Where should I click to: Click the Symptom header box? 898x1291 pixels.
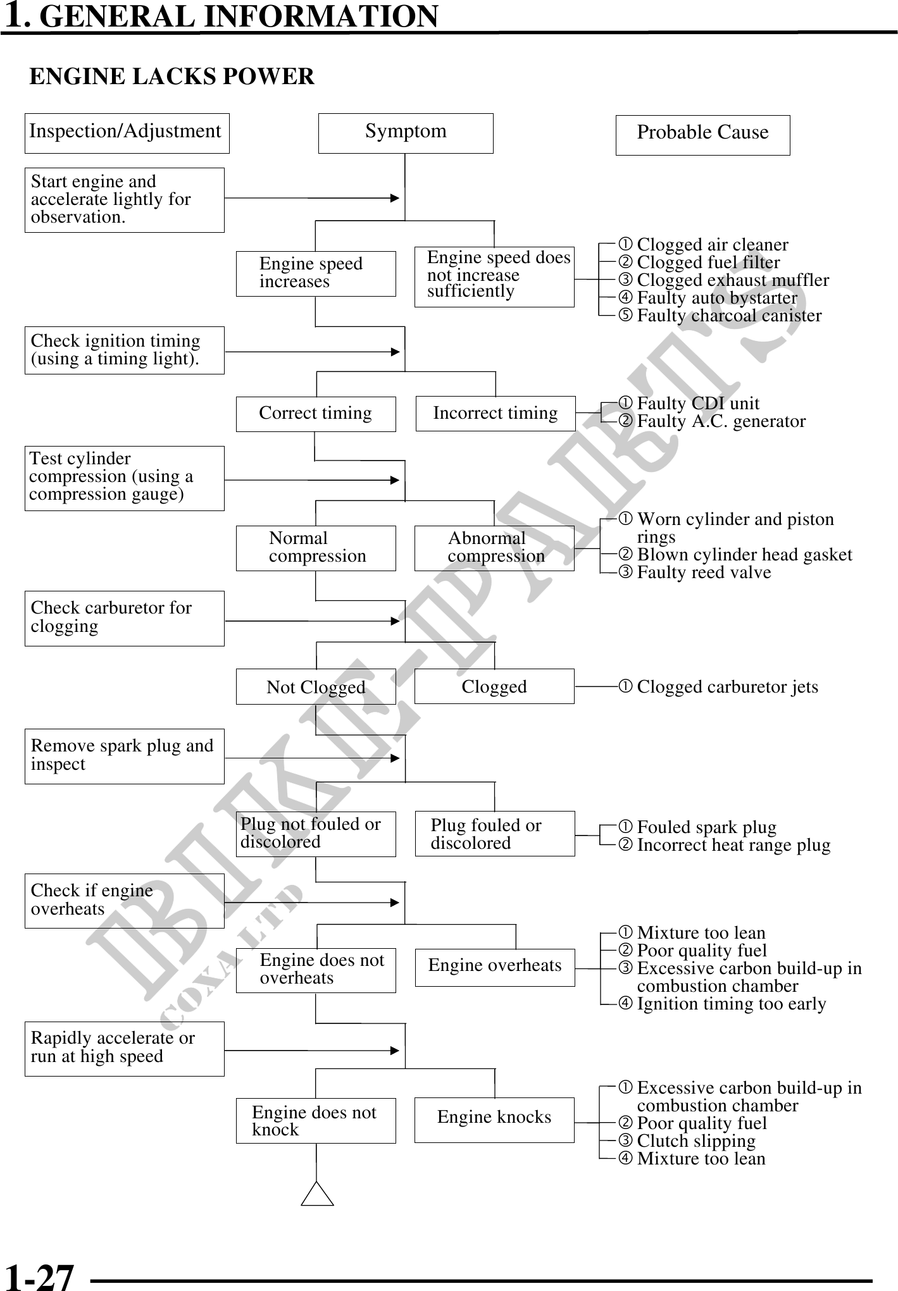click(x=405, y=133)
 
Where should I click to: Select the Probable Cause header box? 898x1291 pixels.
click(x=702, y=135)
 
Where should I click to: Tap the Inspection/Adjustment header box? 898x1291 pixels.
click(x=127, y=133)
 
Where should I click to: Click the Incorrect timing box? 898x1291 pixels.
click(x=496, y=414)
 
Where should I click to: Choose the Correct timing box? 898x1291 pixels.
click(x=316, y=414)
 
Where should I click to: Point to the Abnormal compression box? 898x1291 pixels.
click(x=494, y=548)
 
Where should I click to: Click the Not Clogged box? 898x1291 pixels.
click(x=316, y=686)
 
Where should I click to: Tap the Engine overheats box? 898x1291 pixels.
click(x=495, y=967)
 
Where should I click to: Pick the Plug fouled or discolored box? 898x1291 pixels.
click(x=495, y=834)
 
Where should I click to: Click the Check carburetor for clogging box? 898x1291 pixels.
click(x=124, y=618)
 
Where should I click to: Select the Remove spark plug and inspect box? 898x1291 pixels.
click(x=124, y=756)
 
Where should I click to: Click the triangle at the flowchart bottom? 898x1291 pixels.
click(x=317, y=1194)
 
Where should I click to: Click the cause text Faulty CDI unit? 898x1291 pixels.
click(x=698, y=404)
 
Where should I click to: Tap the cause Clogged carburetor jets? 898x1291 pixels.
click(x=727, y=687)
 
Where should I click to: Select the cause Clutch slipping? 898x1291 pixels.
click(x=696, y=1141)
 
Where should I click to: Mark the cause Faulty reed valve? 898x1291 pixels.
click(x=704, y=572)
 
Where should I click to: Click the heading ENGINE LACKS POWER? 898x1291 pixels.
click(x=172, y=77)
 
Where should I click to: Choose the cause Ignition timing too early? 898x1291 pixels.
click(x=732, y=1004)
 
